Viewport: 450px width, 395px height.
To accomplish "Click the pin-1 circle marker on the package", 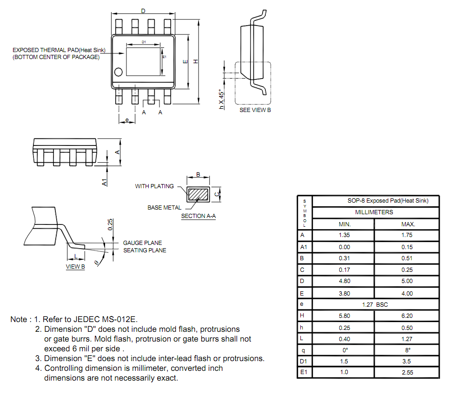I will tap(118, 72).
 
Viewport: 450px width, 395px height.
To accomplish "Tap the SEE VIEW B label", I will tap(255, 110).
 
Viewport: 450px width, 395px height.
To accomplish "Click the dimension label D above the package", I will tap(143, 11).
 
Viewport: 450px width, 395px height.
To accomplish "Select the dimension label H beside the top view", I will tap(196, 61).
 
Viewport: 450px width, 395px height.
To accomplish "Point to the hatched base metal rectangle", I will tap(198, 194).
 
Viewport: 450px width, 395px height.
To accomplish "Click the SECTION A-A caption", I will tap(199, 216).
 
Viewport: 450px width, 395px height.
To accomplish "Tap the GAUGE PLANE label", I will tap(142, 243).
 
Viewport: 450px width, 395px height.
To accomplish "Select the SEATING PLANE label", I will tap(145, 250).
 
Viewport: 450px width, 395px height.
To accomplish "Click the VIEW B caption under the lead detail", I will tap(75, 267).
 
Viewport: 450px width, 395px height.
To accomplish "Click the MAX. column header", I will tap(408, 224).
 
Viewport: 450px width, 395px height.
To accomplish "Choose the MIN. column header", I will tap(344, 224).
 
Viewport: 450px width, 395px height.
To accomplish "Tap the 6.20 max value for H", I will tap(407, 316).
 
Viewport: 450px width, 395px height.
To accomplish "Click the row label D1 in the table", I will tap(304, 361).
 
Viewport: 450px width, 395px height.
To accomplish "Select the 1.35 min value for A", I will tap(344, 235).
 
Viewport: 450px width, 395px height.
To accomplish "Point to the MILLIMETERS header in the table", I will tap(374, 212).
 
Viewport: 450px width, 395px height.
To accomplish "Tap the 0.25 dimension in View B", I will tap(110, 224).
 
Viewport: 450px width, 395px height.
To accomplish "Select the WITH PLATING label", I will tap(154, 186).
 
